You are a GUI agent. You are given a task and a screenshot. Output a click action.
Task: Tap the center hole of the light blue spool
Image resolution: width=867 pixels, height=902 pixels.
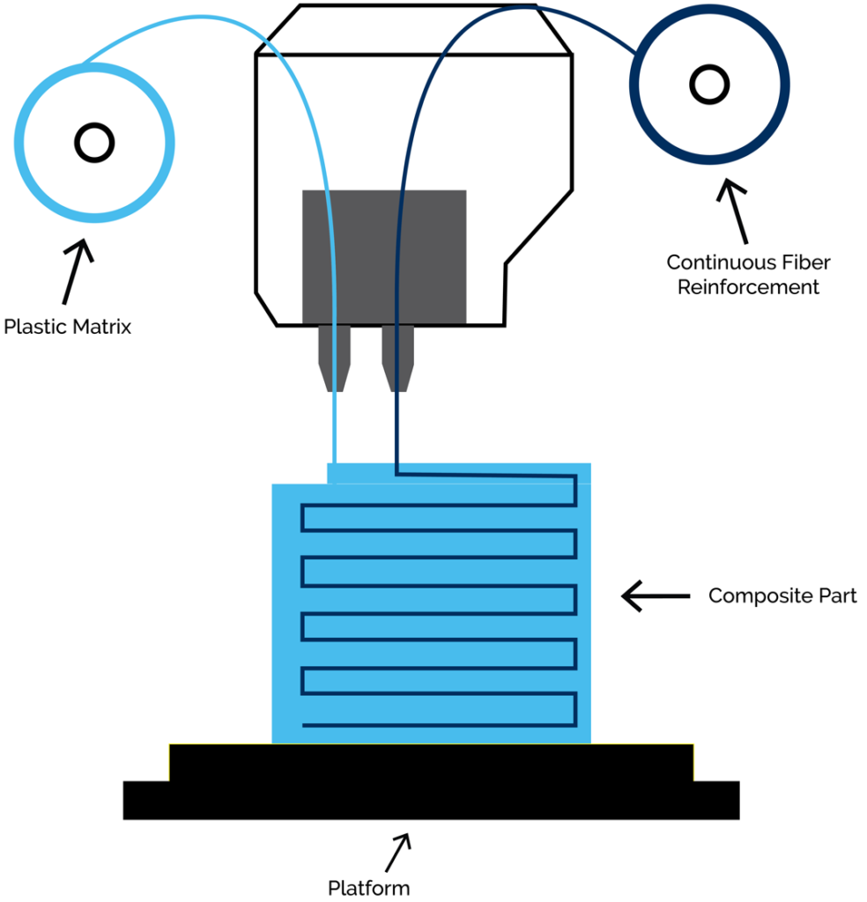coord(93,141)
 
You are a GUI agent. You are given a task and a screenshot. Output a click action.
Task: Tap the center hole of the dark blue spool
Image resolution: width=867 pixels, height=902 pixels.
coord(708,85)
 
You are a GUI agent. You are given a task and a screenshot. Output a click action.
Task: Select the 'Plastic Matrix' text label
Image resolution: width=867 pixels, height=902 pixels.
coord(67,327)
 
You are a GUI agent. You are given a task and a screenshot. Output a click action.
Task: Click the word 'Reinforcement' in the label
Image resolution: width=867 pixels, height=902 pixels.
coord(748,287)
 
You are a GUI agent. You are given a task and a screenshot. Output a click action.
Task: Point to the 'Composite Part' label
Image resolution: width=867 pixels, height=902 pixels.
coord(782,596)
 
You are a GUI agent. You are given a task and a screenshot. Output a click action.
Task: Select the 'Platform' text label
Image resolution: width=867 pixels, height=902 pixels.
coord(368,887)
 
